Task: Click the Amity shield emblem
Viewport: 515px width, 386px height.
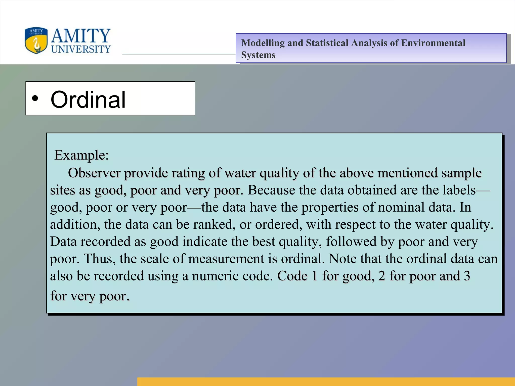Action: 36,41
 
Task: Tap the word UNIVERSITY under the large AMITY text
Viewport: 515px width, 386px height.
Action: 81,49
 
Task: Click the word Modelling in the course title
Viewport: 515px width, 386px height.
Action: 263,43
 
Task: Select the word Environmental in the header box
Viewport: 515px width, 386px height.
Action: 433,43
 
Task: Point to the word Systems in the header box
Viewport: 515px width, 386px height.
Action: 258,55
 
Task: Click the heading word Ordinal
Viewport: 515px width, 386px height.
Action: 88,100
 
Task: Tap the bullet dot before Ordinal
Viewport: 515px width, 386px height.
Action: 35,98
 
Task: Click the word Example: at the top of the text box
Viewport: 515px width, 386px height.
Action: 81,155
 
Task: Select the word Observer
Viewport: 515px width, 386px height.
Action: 94,173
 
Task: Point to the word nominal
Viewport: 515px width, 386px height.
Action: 401,207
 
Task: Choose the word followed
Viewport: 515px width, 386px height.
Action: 351,242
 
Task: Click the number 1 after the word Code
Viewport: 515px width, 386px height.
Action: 314,276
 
